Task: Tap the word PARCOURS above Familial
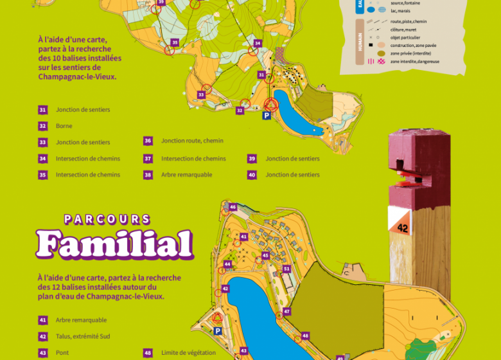pos(107,220)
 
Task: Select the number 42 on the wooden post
pos(403,228)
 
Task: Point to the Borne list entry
pos(64,126)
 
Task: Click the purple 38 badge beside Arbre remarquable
pos(148,174)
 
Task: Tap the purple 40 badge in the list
pos(252,174)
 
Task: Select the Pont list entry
pos(62,353)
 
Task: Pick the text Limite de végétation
pos(188,353)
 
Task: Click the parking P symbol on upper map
pos(267,116)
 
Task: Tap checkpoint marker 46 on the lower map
pos(233,207)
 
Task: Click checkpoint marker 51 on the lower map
pos(286,269)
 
